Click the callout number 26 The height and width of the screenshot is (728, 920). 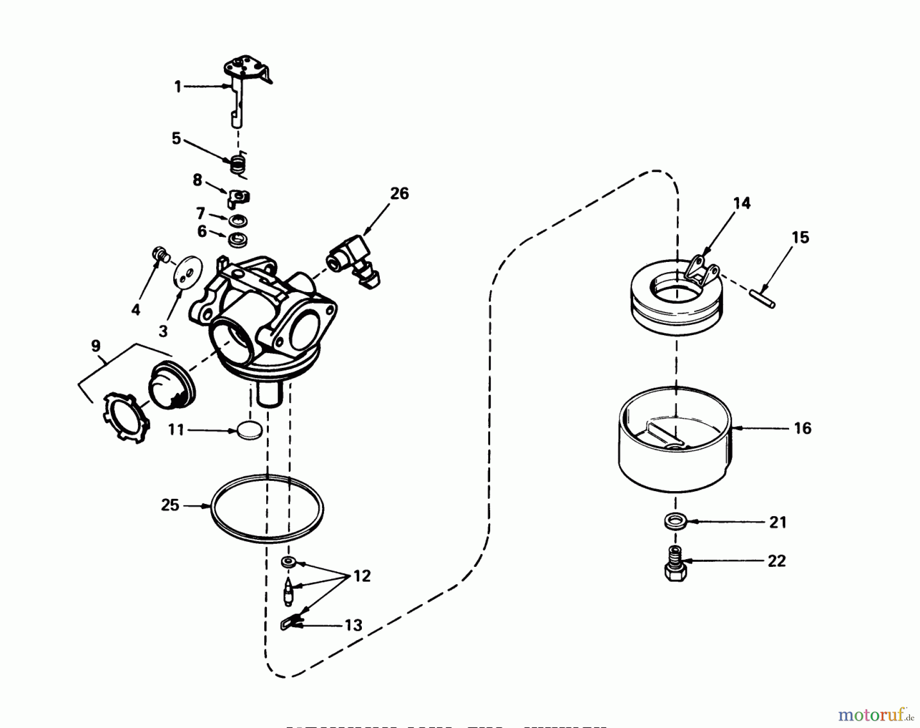point(399,194)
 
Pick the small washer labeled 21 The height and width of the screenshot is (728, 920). point(675,522)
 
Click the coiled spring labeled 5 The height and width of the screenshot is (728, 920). point(237,165)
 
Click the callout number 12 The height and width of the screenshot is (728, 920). point(361,577)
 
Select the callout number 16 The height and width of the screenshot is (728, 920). point(802,428)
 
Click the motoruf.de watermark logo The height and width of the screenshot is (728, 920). point(873,713)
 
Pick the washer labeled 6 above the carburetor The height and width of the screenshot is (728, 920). point(236,238)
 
